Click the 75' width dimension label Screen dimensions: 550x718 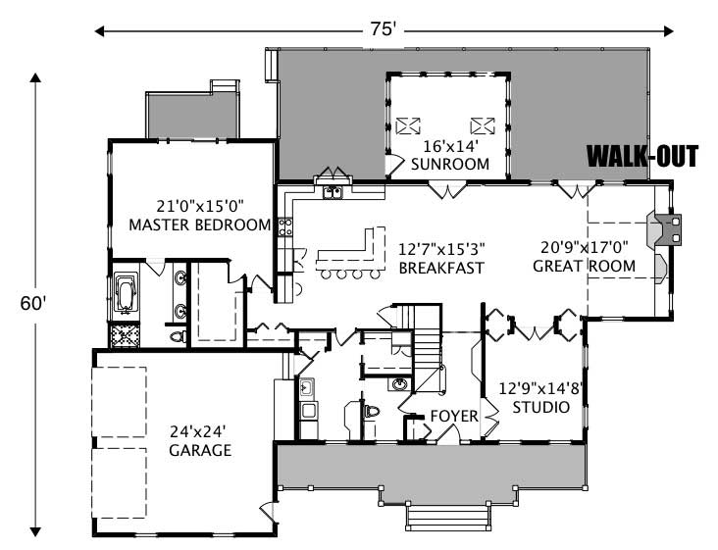click(x=381, y=29)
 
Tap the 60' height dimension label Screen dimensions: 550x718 click(x=32, y=303)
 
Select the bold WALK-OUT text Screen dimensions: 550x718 click(x=642, y=157)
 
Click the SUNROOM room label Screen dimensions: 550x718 click(x=450, y=164)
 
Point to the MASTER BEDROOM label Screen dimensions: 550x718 click(x=200, y=225)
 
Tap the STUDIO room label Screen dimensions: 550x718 click(x=542, y=406)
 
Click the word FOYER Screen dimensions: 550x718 click(x=454, y=417)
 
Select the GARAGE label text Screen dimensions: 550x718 click(x=199, y=450)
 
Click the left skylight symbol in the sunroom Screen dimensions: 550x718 click(x=409, y=125)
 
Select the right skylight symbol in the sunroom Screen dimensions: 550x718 click(x=482, y=125)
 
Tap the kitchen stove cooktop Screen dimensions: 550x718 click(x=285, y=228)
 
